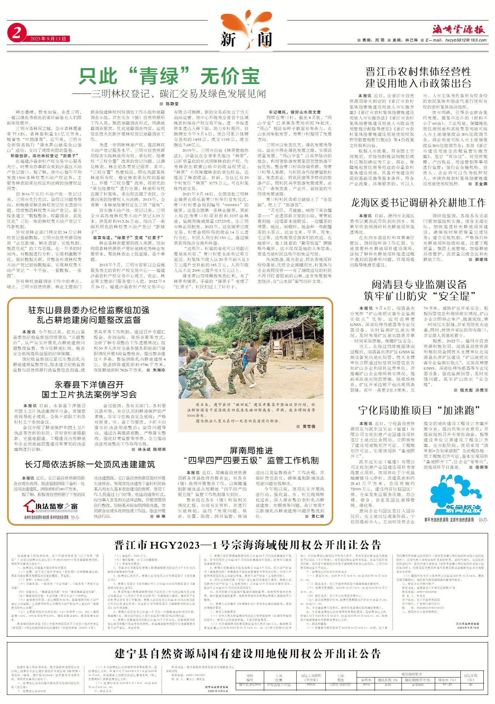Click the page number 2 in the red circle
coord(16,33)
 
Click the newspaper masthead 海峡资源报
coord(459,30)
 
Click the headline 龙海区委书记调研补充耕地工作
coord(418,203)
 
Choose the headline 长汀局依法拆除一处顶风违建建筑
coord(89,464)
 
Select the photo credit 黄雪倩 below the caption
coord(308,426)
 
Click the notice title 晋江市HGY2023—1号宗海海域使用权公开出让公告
coord(247,545)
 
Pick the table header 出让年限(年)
coord(471,677)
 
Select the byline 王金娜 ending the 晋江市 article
coord(480,184)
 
